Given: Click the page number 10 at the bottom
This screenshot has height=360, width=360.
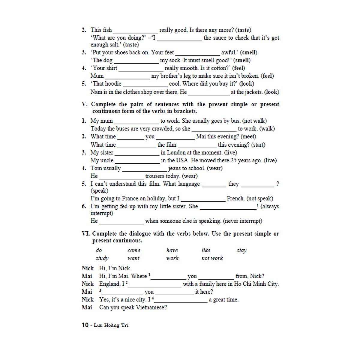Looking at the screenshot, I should click(85, 325).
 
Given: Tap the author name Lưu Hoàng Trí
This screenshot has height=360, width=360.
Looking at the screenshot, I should click(111, 325).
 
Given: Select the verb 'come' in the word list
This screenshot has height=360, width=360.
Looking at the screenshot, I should click(134, 250).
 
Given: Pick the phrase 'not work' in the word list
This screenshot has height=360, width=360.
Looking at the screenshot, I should click(212, 258).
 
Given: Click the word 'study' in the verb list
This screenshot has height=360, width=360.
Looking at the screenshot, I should click(102, 258).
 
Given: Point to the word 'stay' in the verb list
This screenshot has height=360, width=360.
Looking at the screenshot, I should click(241, 250).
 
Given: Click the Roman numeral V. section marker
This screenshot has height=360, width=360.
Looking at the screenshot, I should click(85, 104).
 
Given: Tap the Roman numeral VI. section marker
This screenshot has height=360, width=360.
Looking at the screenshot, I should click(85, 233).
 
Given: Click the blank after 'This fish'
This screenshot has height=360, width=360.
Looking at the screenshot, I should click(136, 31).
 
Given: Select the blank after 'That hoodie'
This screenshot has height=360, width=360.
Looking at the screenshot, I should click(145, 85).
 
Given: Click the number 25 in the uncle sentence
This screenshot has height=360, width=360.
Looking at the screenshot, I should click(234, 160).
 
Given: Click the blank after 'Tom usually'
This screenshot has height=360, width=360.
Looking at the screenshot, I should click(145, 169).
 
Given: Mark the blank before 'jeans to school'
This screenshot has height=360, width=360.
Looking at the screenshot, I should click(145, 169).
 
